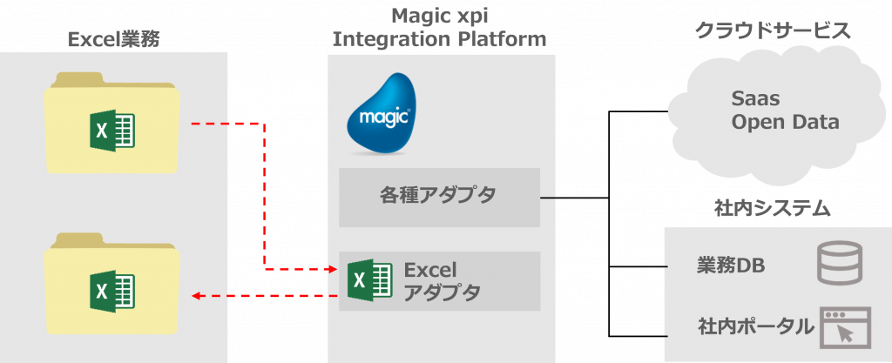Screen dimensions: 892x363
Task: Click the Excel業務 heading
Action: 114,39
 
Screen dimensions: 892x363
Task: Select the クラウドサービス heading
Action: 774,30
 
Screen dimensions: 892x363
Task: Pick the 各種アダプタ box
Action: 439,197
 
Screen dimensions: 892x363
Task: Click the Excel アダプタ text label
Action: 442,281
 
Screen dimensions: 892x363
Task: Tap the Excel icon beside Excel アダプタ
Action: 369,279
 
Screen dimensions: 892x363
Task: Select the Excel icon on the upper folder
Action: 112,130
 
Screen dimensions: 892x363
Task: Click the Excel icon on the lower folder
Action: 112,291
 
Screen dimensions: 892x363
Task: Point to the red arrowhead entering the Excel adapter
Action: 334,269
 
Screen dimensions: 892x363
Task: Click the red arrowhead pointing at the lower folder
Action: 197,295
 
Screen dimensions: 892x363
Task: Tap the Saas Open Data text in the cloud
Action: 785,111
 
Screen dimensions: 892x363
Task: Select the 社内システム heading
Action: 773,209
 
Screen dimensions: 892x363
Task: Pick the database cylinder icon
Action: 840,262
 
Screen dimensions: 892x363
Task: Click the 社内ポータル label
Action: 756,326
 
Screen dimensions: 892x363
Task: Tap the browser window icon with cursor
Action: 845,328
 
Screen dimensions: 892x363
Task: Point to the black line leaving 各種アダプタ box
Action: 575,198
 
